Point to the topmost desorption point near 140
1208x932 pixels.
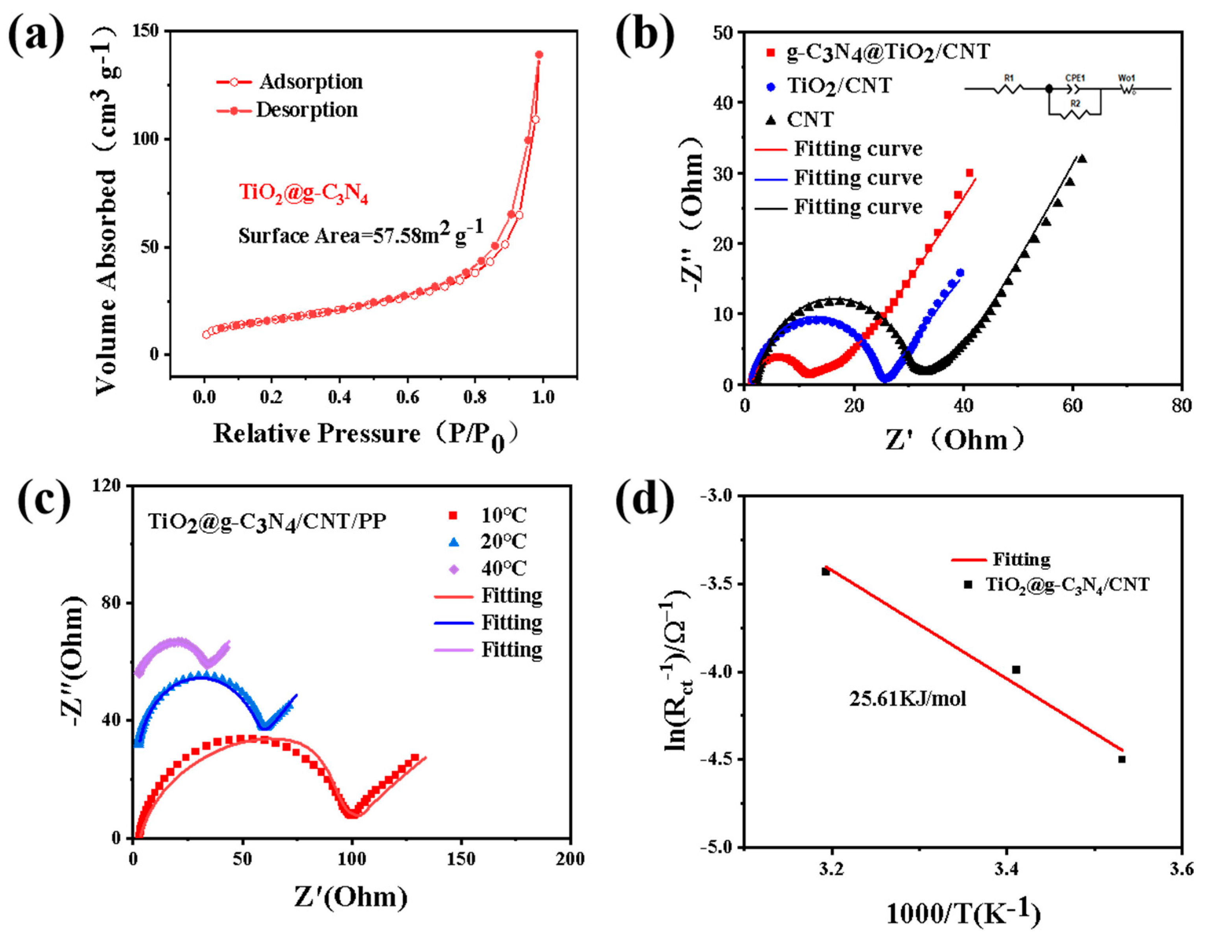point(539,55)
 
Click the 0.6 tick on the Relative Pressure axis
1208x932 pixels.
point(408,397)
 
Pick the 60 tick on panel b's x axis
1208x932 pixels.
point(1072,406)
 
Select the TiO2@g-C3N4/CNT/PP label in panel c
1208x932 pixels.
point(267,521)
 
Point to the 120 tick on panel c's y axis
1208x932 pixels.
point(108,486)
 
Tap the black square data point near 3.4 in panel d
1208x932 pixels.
point(1016,669)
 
